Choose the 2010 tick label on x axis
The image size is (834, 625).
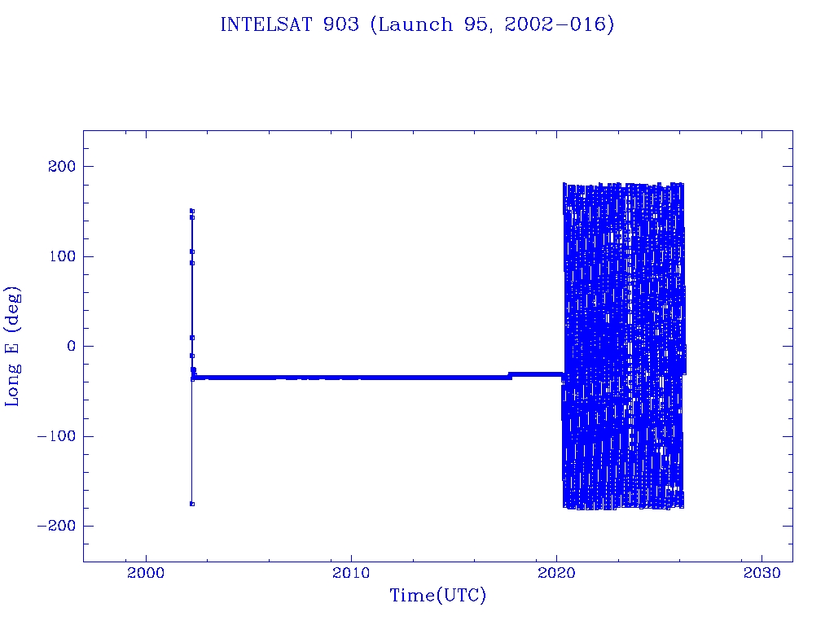[351, 573]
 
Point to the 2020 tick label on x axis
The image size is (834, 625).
[556, 573]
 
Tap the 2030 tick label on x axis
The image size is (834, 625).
[762, 573]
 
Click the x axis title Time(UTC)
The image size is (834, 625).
[438, 597]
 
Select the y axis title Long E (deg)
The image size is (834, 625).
[13, 346]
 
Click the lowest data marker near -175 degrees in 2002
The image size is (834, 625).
[192, 504]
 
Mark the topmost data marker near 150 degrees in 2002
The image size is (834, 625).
[192, 211]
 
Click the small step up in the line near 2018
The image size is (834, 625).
[510, 375]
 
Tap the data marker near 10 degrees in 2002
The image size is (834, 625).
[192, 337]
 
